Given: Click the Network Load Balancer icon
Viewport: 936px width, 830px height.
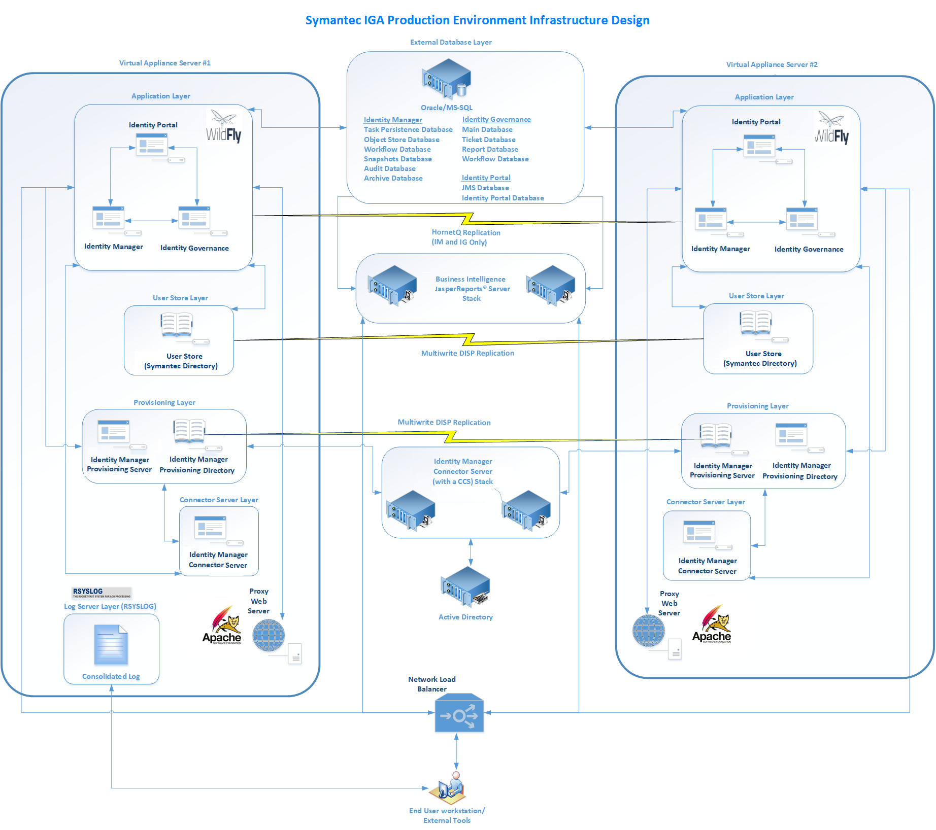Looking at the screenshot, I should (x=459, y=713).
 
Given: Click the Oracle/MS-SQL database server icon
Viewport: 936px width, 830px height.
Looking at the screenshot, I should (x=446, y=79).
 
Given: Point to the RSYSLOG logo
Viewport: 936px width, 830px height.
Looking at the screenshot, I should (x=102, y=593).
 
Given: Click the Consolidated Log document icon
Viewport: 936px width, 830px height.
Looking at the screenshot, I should (x=111, y=645).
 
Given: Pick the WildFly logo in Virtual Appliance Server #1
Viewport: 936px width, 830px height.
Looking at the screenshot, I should (x=223, y=127).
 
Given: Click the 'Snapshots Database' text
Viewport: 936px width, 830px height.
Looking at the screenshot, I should (x=397, y=159).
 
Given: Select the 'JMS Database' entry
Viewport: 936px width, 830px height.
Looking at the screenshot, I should (x=485, y=188).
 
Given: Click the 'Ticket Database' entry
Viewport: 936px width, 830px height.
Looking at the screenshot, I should (x=488, y=140).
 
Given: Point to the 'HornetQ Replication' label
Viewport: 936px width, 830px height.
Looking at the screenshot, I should (x=465, y=232).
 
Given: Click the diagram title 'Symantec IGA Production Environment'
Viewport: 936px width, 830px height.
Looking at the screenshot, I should (x=477, y=20).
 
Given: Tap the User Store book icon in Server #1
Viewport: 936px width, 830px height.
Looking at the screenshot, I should (x=177, y=325).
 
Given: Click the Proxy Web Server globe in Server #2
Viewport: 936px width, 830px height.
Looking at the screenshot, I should (x=648, y=631).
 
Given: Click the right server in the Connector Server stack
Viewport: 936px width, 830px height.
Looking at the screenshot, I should (x=526, y=510).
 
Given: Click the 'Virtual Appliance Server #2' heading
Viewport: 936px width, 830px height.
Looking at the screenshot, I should (x=772, y=64).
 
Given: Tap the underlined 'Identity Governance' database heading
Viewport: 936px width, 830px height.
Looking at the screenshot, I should (x=496, y=119).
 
